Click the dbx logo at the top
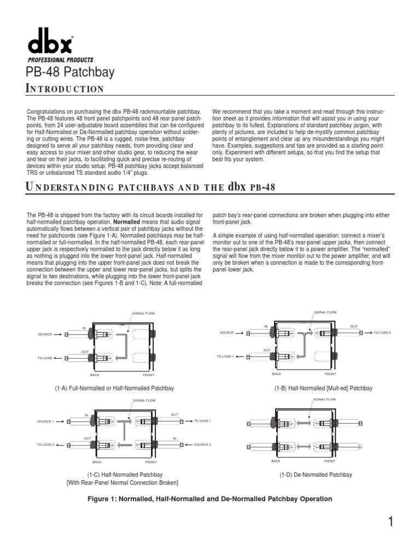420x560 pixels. (50, 44)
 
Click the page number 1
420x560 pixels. (391, 522)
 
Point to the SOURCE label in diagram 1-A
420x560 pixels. (45, 334)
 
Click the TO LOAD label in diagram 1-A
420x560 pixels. (45, 358)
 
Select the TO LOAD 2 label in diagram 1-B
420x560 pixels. (383, 332)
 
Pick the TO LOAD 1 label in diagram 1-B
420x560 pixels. (225, 356)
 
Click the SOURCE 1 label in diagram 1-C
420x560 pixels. (46, 422)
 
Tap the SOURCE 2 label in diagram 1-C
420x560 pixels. (202, 445)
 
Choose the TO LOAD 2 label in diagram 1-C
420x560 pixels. (46, 445)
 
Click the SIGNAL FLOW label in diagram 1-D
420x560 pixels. (325, 400)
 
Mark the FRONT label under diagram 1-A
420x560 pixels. (149, 375)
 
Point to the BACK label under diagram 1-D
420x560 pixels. (276, 461)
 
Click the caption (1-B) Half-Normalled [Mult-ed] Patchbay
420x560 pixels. (323, 388)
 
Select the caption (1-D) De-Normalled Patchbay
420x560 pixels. (316, 475)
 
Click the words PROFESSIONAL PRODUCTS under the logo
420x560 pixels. (60, 60)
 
